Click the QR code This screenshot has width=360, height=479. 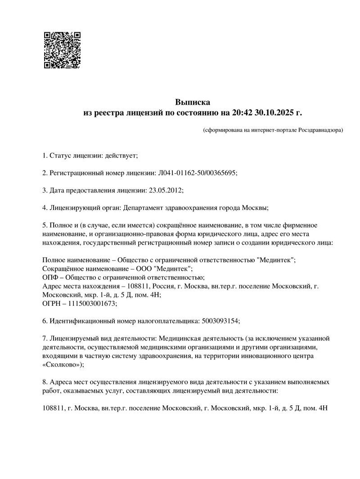pyautogui.click(x=62, y=50)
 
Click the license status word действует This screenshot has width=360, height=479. pyautogui.click(x=120, y=156)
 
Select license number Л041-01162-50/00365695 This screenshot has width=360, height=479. pyautogui.click(x=197, y=173)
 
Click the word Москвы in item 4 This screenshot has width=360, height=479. pyautogui.click(x=255, y=207)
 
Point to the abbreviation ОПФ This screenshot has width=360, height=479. pyautogui.click(x=50, y=277)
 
